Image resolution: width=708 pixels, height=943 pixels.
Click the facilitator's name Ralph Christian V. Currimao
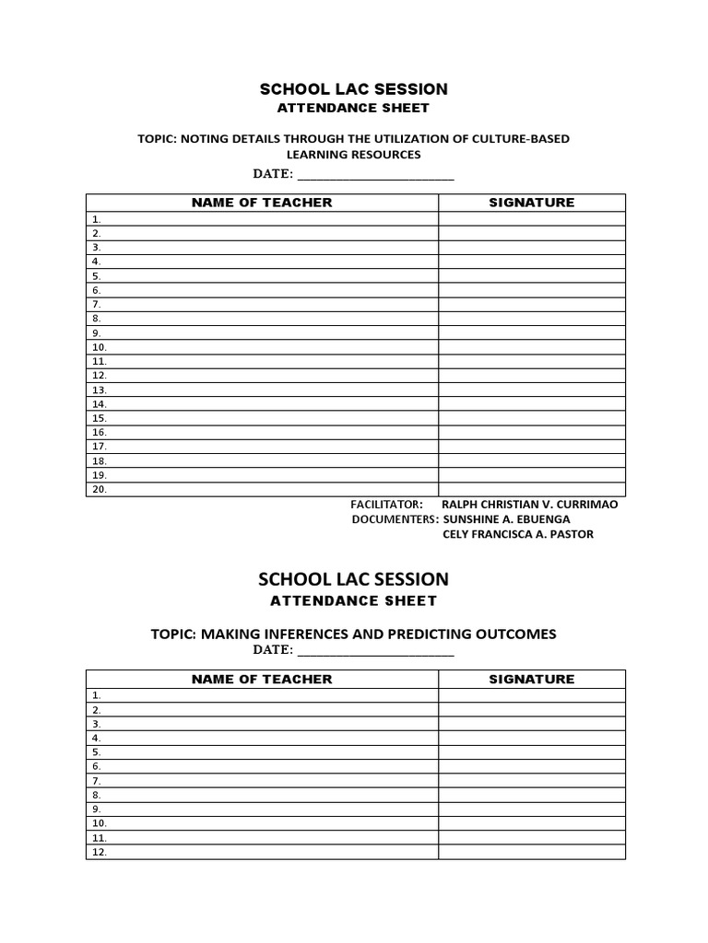[x=530, y=505]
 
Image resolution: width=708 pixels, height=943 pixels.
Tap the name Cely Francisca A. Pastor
[x=518, y=534]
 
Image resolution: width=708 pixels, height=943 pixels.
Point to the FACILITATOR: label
[x=386, y=505]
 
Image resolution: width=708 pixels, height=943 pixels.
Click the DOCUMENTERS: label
[x=395, y=519]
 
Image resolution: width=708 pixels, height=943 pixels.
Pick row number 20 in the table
[x=99, y=490]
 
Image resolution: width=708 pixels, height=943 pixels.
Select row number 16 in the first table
[x=99, y=433]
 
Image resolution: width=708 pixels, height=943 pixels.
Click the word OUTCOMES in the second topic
[x=517, y=634]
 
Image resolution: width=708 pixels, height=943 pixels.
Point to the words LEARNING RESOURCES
[x=353, y=155]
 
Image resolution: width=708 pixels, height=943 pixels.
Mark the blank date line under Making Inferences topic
[x=375, y=651]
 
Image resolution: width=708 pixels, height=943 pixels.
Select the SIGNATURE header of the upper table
[x=531, y=203]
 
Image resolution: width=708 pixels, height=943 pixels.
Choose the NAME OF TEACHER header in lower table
[x=262, y=679]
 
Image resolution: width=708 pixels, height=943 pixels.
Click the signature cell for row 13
[x=531, y=390]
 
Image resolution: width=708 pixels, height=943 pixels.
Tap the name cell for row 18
[x=262, y=461]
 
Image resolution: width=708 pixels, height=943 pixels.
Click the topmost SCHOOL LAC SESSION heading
[x=353, y=89]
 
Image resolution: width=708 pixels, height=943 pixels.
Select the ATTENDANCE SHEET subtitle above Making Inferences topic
[x=353, y=601]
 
